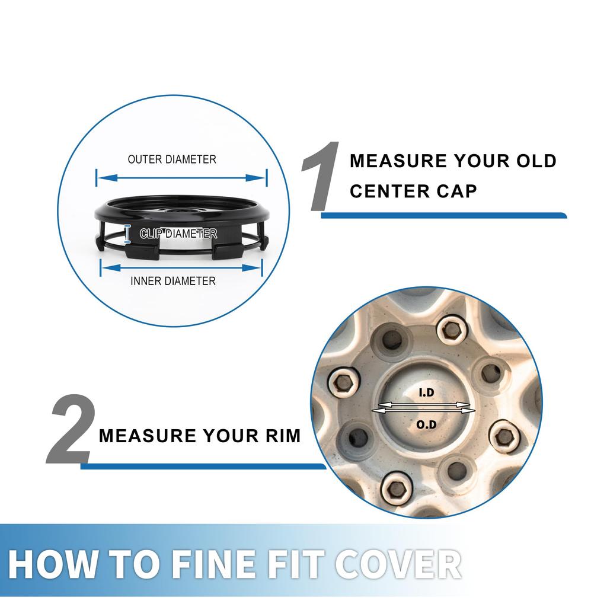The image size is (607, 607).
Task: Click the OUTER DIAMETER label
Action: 172,159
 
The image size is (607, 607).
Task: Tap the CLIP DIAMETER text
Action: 178,234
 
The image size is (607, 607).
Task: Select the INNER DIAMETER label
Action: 173,281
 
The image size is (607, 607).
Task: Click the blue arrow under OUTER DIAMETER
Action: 181,178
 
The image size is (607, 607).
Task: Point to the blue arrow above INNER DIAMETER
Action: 181,268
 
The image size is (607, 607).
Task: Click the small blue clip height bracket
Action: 127,234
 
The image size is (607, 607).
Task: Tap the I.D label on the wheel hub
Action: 426,392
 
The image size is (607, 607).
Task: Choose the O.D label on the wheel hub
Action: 426,424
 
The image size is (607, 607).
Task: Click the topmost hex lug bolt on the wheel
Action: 449,328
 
